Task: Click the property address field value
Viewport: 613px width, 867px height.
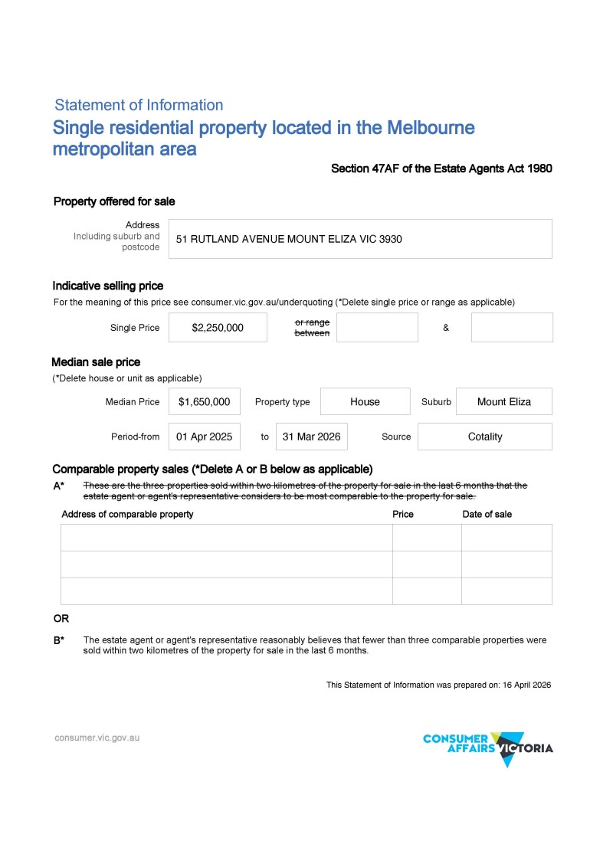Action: [x=289, y=239]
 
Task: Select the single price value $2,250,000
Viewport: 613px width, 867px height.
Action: [x=218, y=328]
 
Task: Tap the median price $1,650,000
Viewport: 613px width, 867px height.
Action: [x=204, y=401]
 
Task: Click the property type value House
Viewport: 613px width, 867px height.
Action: [x=365, y=401]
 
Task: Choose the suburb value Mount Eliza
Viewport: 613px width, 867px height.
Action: [x=503, y=401]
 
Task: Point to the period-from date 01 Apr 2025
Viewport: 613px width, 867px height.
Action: [x=204, y=437]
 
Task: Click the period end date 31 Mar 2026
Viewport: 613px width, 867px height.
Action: [x=311, y=437]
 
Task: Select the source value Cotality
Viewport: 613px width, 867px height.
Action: [x=484, y=437]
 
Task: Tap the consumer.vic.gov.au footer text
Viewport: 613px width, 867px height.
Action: [x=97, y=738]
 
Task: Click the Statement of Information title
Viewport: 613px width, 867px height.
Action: [x=139, y=105]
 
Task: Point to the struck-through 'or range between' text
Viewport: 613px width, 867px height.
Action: [x=312, y=328]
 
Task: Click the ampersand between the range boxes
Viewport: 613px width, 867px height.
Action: [x=445, y=328]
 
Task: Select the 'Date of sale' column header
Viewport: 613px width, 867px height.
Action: [x=487, y=514]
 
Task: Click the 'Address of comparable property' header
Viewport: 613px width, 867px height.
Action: [x=127, y=514]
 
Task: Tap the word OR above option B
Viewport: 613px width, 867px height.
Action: [x=61, y=619]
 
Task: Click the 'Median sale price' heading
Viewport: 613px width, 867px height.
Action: [x=96, y=362]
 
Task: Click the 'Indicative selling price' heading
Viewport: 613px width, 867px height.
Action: [x=108, y=286]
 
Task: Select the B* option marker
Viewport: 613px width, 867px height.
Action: [x=58, y=640]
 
